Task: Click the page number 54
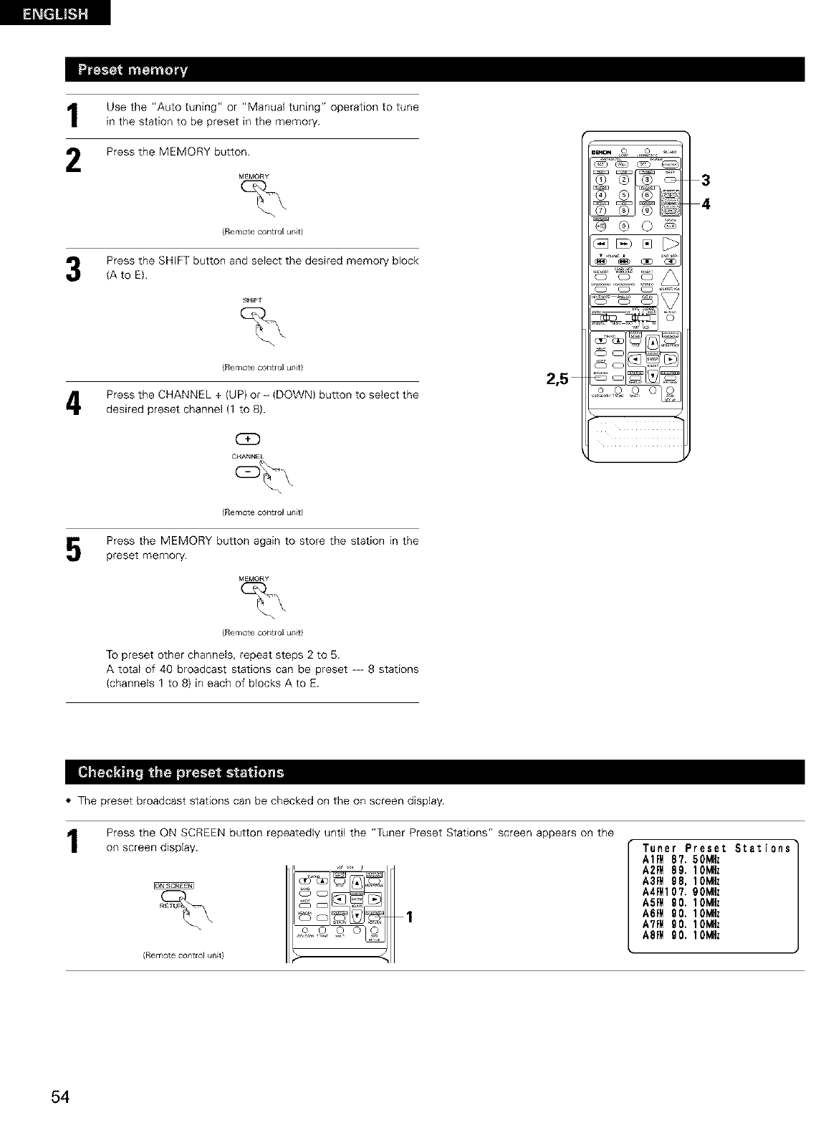tap(60, 1097)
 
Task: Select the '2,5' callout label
tap(557, 379)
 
